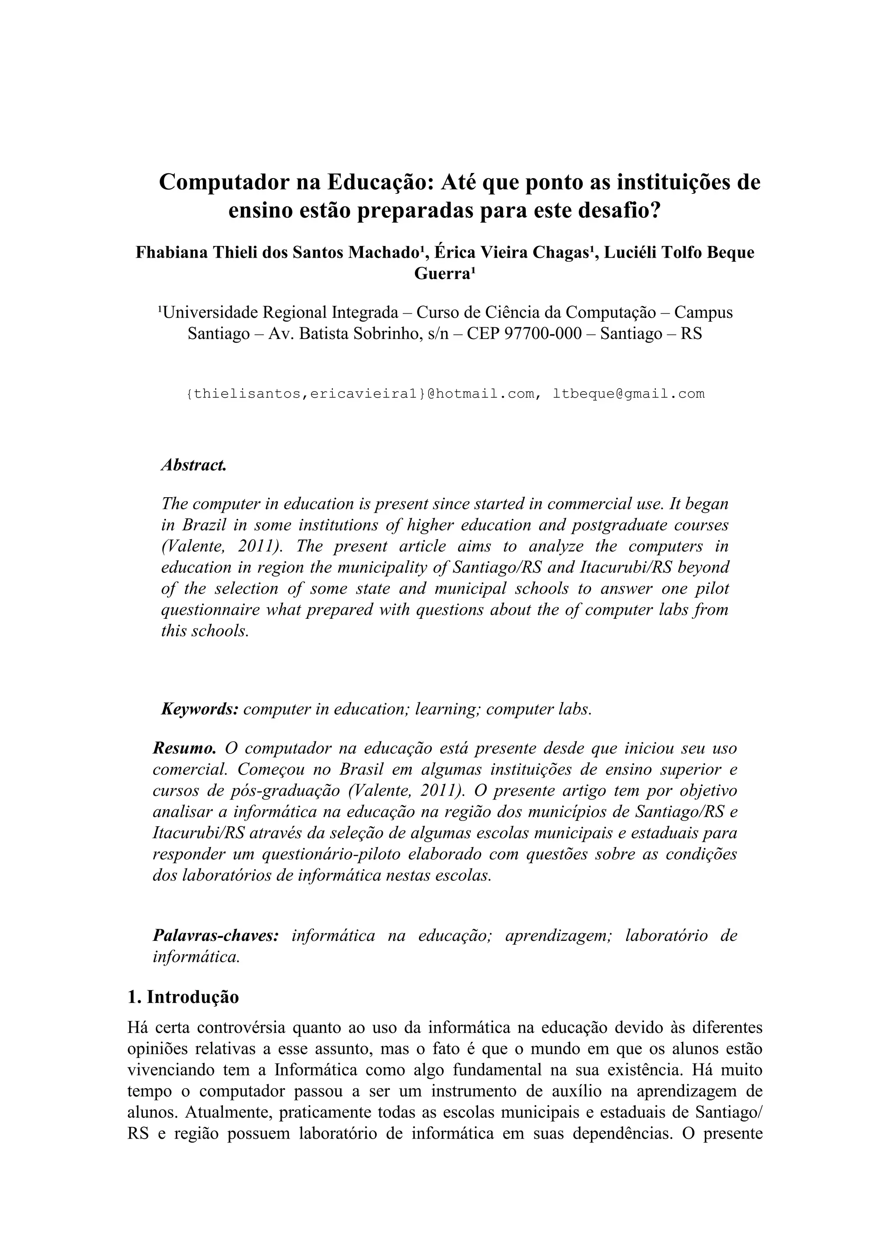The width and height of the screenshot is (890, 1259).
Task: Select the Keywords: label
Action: [x=199, y=710]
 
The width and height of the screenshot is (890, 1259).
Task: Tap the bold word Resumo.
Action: [x=184, y=748]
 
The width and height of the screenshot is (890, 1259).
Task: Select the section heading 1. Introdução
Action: [x=183, y=997]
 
